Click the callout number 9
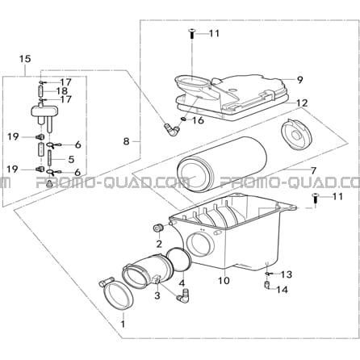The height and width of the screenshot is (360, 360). [300, 80]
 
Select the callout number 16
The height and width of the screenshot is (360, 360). [198, 120]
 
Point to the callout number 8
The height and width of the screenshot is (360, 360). [127, 141]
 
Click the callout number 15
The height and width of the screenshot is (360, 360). [25, 59]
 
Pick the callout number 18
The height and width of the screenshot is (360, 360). [61, 90]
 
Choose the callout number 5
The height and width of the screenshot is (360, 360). [71, 159]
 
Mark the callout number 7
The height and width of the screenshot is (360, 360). [313, 170]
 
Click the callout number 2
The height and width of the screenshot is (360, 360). [159, 244]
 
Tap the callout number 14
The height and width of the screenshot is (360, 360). [282, 290]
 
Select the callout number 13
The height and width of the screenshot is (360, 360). [286, 274]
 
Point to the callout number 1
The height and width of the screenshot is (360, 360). [123, 324]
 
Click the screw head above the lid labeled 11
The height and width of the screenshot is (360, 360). [191, 30]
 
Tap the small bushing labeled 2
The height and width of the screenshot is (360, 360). [157, 228]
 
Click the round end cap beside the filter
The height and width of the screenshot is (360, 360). [295, 135]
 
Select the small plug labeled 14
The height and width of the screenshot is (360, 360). [267, 284]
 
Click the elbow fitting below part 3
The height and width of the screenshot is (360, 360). [182, 295]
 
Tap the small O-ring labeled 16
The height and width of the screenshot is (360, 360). [184, 119]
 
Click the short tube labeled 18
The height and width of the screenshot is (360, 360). [41, 91]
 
